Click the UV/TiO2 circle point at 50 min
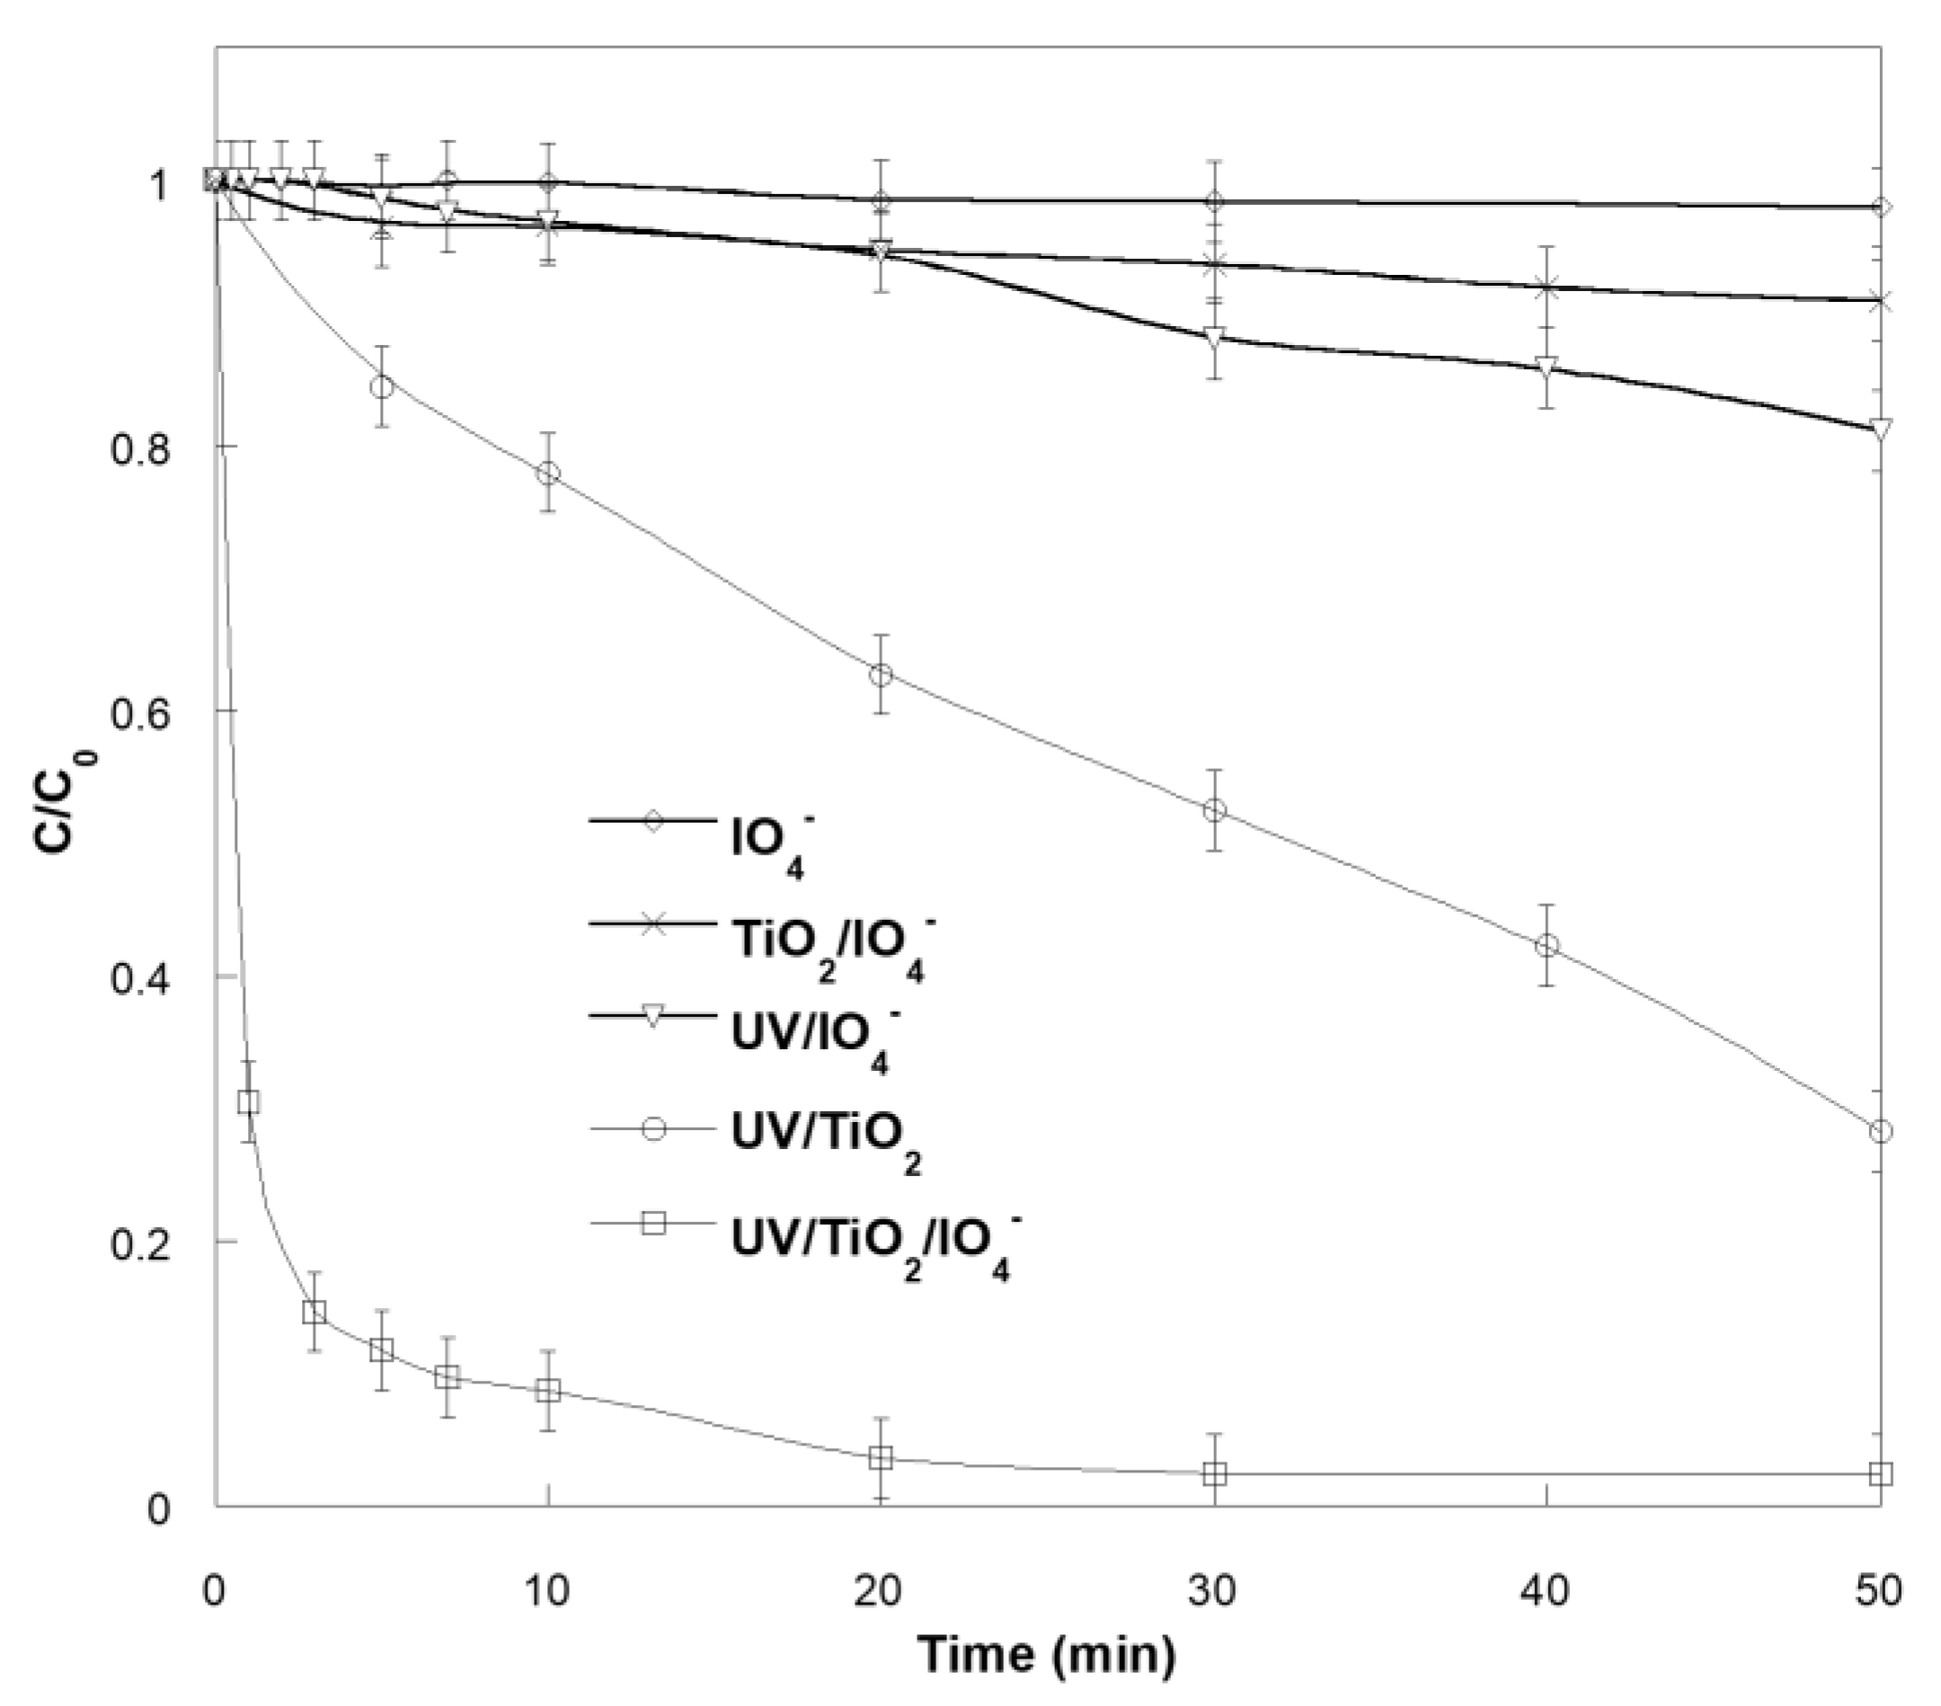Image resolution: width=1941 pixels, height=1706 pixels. tap(1880, 1132)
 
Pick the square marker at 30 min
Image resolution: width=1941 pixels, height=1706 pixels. tap(1215, 1474)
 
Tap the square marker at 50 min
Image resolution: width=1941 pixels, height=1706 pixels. tap(1880, 1474)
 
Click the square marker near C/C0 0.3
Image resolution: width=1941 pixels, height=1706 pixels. tap(249, 1102)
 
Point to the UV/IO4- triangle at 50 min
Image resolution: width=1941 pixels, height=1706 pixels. tap(1880, 429)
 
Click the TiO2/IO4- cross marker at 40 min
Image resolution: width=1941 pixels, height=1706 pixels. tap(1547, 287)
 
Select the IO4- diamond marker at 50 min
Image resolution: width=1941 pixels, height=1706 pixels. tap(1880, 207)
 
